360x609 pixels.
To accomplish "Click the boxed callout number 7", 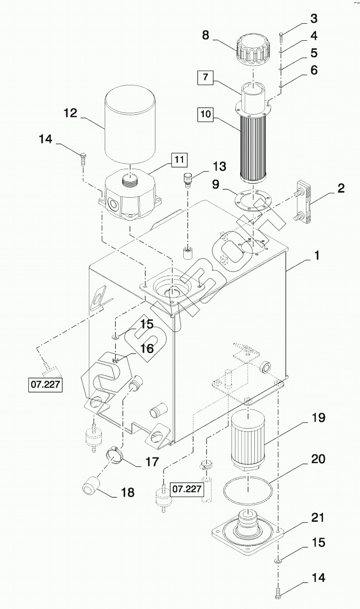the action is [x=206, y=77].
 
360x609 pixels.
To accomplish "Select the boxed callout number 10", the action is [x=206, y=114].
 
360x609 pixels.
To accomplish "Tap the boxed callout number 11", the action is [x=180, y=160].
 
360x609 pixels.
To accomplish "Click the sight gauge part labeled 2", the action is [x=304, y=203].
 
